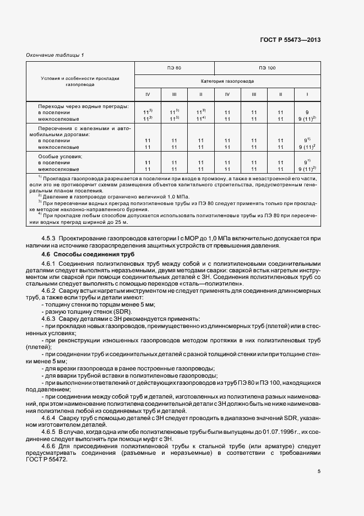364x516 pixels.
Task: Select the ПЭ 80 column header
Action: (x=174, y=68)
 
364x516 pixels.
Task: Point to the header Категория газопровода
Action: (x=227, y=80)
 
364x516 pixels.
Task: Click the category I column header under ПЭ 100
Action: (x=307, y=94)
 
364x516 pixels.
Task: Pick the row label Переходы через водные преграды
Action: (x=83, y=105)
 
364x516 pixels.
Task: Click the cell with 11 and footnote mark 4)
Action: (x=201, y=119)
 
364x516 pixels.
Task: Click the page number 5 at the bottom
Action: (x=319, y=471)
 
